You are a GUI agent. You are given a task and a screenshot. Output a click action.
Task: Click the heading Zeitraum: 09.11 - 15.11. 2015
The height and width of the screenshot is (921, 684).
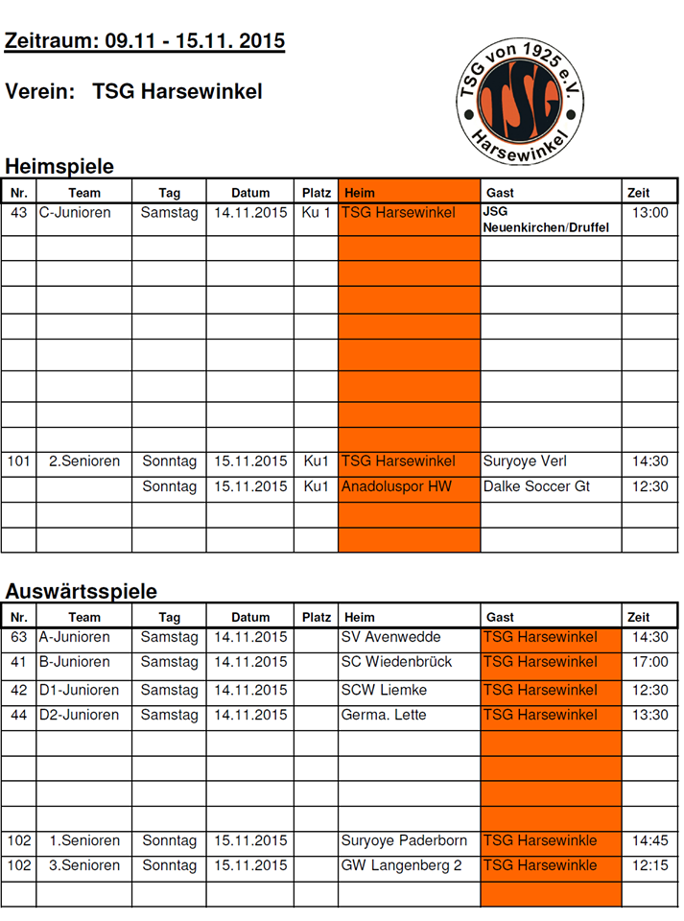tap(145, 41)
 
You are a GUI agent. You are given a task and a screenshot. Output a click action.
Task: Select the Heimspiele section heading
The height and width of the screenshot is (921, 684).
tap(59, 166)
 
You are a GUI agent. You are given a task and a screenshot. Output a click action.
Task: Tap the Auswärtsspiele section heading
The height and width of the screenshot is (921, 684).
tap(81, 591)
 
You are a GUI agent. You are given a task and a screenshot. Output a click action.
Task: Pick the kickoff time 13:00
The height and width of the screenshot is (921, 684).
tap(650, 212)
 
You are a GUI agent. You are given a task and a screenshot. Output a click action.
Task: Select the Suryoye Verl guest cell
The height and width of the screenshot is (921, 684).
tap(525, 461)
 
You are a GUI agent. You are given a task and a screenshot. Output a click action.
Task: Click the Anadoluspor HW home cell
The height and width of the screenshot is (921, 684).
tap(396, 486)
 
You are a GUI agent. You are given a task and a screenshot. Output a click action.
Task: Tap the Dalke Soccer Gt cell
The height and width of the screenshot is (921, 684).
tap(536, 486)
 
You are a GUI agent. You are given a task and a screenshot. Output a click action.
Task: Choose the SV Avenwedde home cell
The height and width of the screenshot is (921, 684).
tap(391, 637)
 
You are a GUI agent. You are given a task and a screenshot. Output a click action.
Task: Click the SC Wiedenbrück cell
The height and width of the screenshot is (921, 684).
tap(397, 662)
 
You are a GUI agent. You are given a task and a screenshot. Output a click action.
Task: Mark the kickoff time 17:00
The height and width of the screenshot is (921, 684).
tap(650, 662)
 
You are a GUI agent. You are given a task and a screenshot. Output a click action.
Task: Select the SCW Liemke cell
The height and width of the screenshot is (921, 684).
tap(385, 690)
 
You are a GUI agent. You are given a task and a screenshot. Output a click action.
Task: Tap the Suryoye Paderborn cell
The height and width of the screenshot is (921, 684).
tap(404, 840)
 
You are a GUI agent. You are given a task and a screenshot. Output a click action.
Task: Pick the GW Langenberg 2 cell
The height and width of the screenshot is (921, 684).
tap(402, 865)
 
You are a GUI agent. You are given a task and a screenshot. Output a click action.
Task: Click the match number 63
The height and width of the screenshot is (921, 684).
tap(19, 637)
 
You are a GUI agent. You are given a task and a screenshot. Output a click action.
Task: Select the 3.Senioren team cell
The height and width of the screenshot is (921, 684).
tap(84, 865)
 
